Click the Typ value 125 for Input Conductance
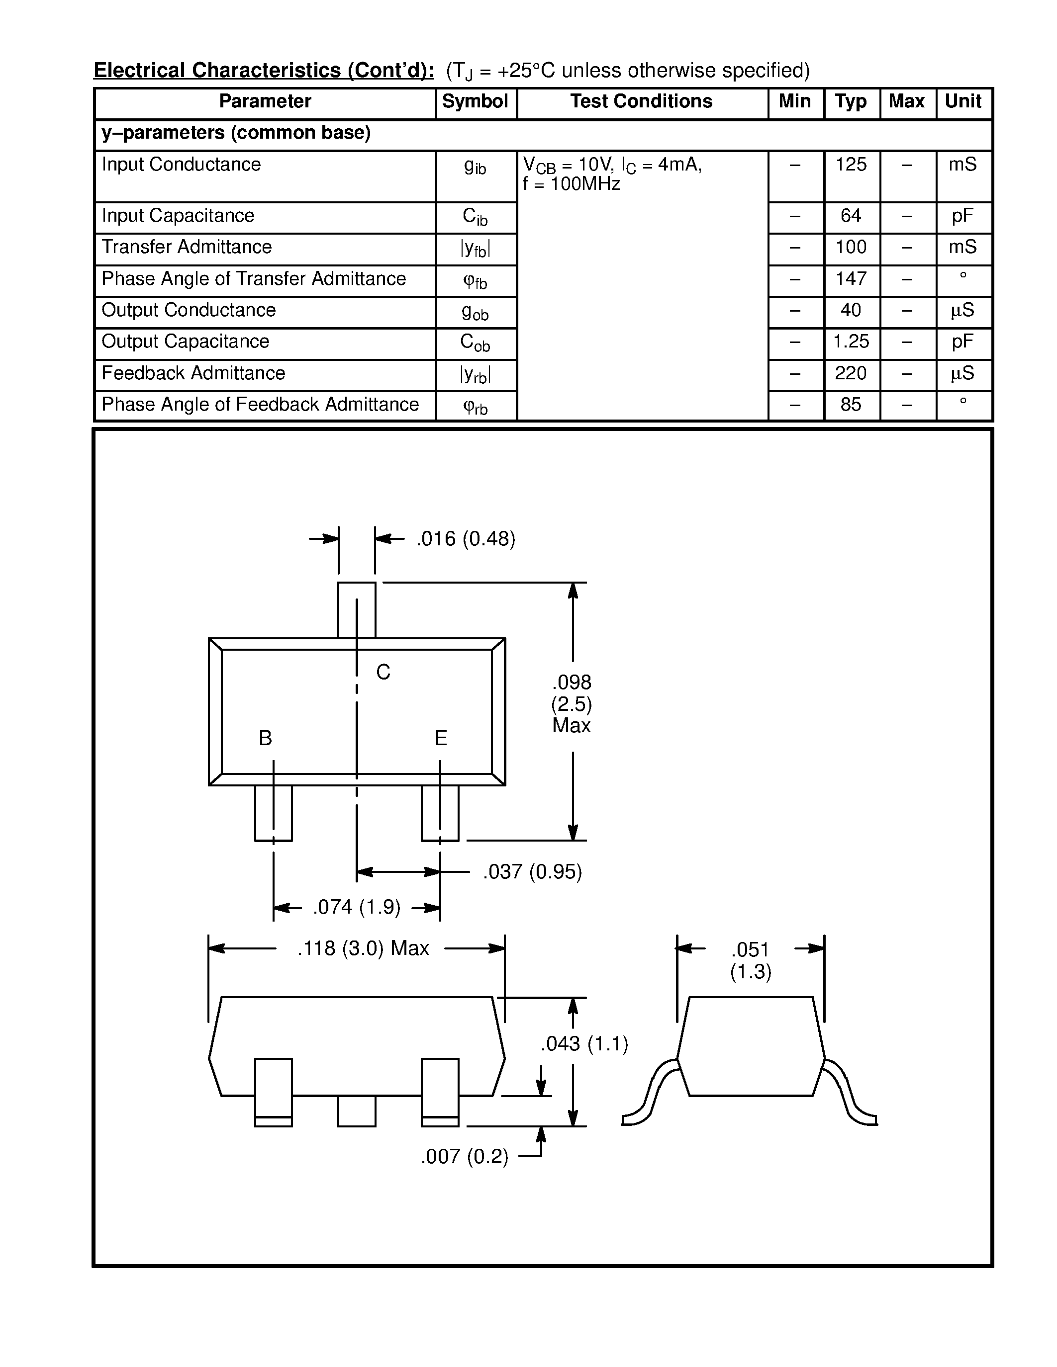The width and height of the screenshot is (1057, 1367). (851, 165)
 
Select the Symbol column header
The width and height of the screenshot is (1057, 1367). (475, 101)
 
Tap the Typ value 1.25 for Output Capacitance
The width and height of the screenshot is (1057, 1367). (851, 342)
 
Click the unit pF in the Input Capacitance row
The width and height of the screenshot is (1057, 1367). (962, 216)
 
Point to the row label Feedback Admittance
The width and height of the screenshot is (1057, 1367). (193, 373)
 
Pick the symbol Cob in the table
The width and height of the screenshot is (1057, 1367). (475, 342)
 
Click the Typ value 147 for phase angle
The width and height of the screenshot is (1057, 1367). (851, 278)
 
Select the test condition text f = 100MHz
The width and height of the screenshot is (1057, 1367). (572, 184)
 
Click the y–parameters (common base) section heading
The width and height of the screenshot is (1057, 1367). (236, 133)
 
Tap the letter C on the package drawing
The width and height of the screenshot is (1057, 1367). (383, 672)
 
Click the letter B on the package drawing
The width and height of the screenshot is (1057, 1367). (266, 739)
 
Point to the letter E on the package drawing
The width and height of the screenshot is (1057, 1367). (441, 739)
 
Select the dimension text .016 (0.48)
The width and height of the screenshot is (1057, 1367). (465, 539)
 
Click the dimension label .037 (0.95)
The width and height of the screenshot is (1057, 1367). (532, 872)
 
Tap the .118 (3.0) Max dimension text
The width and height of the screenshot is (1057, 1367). (363, 948)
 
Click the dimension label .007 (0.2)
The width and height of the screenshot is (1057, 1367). (465, 1157)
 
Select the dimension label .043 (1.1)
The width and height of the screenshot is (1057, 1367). (584, 1044)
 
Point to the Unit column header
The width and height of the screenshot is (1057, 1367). (963, 101)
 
